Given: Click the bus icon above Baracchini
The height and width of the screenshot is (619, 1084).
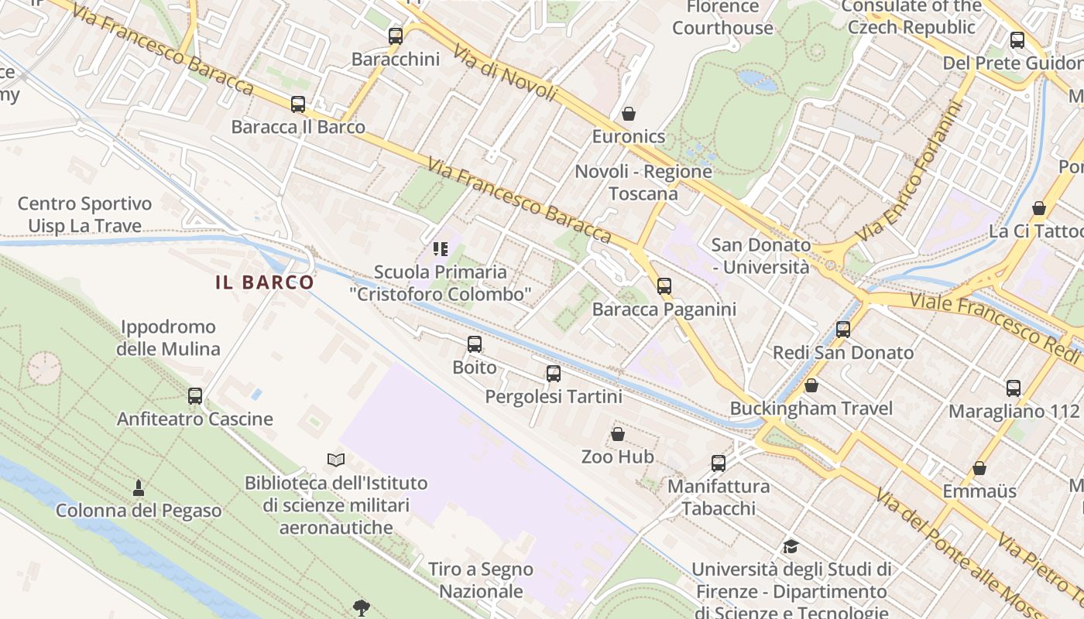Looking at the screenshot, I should coord(396,36).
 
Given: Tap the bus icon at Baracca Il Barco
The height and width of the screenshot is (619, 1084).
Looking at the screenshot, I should coord(298,104).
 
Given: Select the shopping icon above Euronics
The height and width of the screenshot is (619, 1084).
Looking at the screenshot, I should coord(629,114).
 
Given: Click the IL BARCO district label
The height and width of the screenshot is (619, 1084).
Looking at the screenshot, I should coord(265,282).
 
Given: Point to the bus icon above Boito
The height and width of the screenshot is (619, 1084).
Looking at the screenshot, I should coord(475,344).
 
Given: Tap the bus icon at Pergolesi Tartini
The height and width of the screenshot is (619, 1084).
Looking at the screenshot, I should coord(554,374).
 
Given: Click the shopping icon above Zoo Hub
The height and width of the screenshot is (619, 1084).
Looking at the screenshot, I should coord(618,434).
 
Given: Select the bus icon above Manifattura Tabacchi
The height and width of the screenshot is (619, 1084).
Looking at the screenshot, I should coord(719,463).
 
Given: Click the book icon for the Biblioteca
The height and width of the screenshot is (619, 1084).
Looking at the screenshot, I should coord(336,460).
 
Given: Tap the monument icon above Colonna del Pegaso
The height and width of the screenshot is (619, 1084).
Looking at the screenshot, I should coord(139,487).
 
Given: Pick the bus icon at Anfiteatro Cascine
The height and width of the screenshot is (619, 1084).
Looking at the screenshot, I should coord(195,396).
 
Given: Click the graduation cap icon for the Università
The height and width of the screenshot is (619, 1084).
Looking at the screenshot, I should coord(791,547).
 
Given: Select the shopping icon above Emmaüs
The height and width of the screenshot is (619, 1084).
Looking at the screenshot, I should coord(979,468).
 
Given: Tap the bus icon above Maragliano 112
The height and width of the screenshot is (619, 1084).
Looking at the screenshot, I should coord(1014,388).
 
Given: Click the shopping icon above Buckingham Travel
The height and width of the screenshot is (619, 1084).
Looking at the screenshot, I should coord(811,385).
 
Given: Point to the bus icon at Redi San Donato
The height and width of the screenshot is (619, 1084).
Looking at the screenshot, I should coord(843,330).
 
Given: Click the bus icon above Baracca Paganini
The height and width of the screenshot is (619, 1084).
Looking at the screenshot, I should coord(664,286).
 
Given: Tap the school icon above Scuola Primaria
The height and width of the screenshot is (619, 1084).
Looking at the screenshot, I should coord(441,249).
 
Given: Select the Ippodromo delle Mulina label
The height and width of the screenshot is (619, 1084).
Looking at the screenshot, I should coord(168,338).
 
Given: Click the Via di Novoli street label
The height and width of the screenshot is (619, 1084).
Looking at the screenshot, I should coord(505,74).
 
